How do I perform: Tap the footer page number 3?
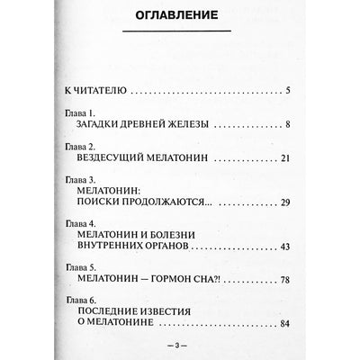[x=179, y=345]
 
